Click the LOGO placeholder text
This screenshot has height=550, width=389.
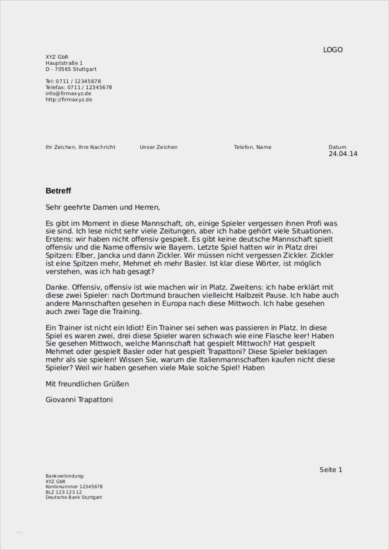333,50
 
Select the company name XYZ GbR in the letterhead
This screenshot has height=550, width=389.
57,57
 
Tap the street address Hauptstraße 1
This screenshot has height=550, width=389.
64,63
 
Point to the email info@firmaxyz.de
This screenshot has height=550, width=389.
68,93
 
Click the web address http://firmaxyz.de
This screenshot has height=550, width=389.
69,100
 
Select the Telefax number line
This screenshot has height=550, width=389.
79,88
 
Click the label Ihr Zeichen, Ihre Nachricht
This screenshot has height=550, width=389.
81,147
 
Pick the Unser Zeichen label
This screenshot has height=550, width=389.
159,147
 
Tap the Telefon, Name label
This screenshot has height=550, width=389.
252,147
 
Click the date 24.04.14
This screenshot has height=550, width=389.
343,154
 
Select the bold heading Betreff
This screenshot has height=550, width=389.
58,191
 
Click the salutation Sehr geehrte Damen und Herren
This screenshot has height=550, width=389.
103,207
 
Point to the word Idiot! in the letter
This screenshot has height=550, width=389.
133,328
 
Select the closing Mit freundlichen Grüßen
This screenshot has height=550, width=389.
87,384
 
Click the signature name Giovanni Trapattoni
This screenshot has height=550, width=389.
79,399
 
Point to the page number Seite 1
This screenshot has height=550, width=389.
331,470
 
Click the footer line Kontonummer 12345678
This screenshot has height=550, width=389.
74,487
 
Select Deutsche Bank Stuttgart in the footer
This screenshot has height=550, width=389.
74,497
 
